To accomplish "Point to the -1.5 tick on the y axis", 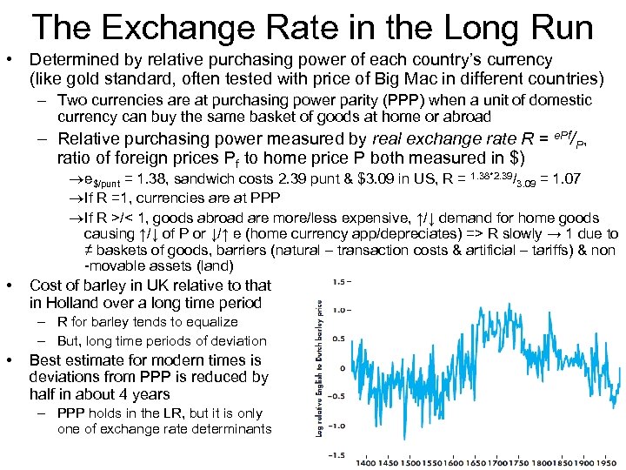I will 340,454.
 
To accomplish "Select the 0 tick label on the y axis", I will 343,367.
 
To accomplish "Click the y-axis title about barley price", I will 321,367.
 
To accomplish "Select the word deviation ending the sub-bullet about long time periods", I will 237,340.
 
